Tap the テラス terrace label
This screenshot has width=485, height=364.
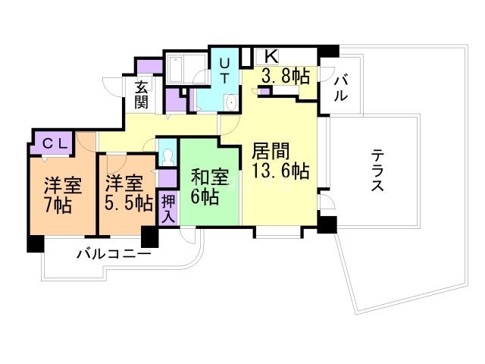377,171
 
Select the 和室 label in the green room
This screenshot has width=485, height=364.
210,177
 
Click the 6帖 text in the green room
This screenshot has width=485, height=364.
205,197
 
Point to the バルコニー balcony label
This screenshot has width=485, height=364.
113,255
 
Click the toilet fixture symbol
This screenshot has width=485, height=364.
167,156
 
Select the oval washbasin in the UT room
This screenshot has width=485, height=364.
230,104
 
